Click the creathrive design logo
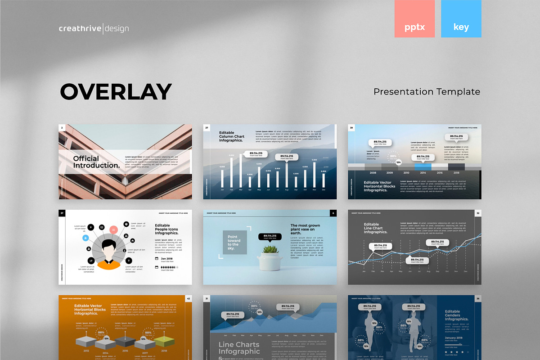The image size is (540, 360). pos(94,29)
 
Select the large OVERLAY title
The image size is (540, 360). pos(116,91)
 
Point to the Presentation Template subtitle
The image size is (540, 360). pos(427,92)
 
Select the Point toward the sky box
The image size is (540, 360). pos(234,243)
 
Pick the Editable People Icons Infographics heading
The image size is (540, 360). pos(166,229)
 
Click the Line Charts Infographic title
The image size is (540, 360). pos(239,348)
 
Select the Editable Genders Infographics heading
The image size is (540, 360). pos(456,315)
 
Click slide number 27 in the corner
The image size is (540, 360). pos(207,128)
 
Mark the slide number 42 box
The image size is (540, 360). pos(189,298)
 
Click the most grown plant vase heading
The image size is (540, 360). pos(306,229)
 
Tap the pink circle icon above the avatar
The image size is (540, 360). pos(113,229)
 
